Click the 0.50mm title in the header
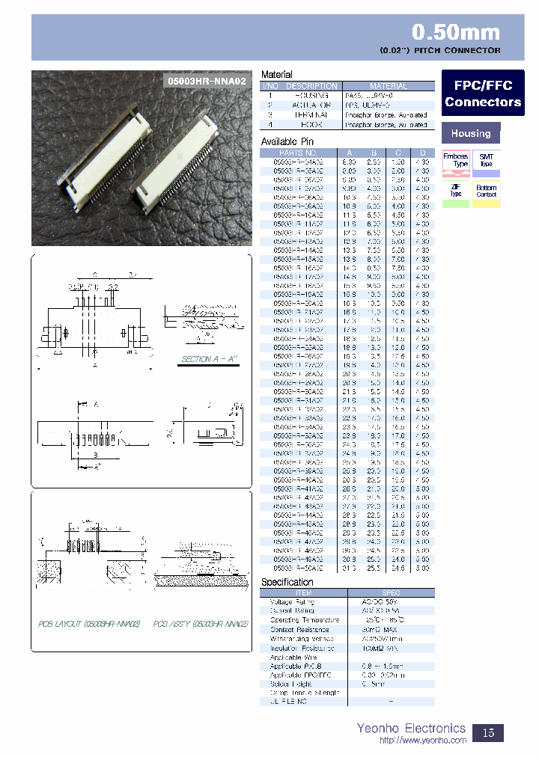pos(456,32)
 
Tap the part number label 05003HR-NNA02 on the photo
pos(205,79)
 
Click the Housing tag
pos(470,133)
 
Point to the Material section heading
pos(276,75)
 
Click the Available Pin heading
pos(287,141)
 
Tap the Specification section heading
pos(287,582)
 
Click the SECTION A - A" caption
pos(209,359)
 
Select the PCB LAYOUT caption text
pos(89,622)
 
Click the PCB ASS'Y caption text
pos(200,622)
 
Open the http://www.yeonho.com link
pos(423,741)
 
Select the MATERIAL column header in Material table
pos(389,86)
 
